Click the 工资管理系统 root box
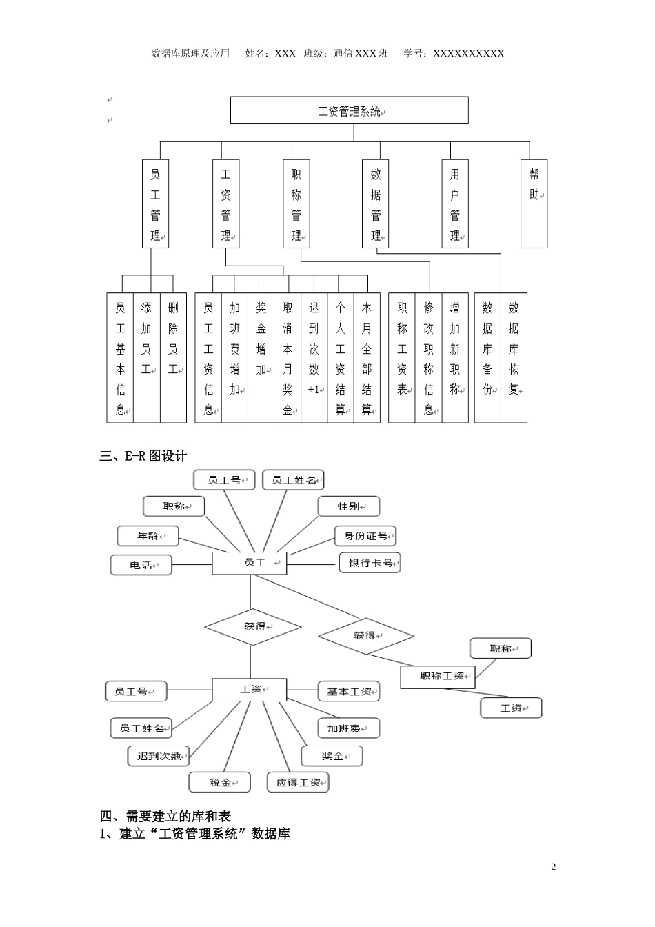point(349,110)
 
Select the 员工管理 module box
point(155,203)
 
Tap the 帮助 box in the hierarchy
point(534,203)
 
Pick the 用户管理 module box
point(454,203)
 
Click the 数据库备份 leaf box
point(487,357)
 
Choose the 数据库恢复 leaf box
point(514,357)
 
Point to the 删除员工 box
point(173,357)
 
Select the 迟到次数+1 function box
point(314,357)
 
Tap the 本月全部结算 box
point(367,357)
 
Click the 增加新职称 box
point(455,357)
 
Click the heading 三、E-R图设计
point(143,456)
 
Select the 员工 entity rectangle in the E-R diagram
point(249,563)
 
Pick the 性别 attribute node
point(349,506)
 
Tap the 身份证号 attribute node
point(365,536)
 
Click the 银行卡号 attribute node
point(370,563)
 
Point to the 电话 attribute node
point(141,565)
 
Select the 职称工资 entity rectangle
point(438,677)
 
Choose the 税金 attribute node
point(220,782)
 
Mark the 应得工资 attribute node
point(298,782)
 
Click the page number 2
point(553,867)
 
